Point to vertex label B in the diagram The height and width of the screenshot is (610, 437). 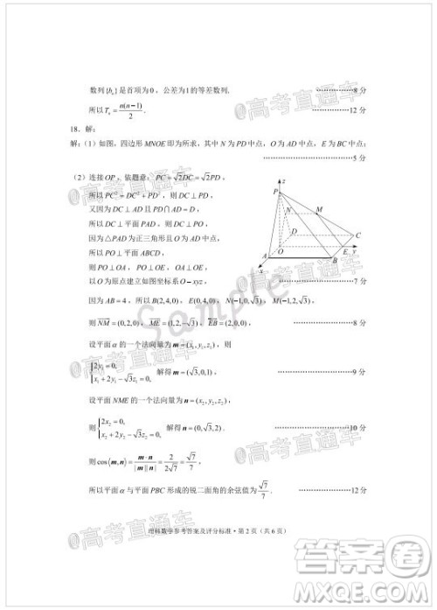tap(336, 262)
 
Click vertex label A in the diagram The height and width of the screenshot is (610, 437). tap(264, 255)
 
